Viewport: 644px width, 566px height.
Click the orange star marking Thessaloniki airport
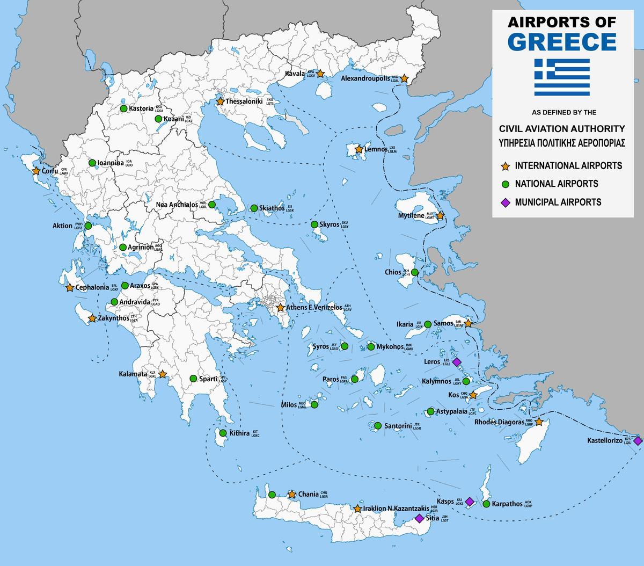coord(220,101)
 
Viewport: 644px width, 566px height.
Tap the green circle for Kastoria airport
coord(123,108)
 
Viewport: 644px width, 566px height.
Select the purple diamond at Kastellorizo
coord(637,441)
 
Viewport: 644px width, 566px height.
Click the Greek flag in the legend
coord(562,77)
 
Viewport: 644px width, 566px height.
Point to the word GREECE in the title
coord(562,42)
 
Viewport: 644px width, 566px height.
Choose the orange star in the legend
coord(504,166)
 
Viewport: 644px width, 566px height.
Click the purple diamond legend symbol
coord(504,202)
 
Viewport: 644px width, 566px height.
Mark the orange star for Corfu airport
coord(36,171)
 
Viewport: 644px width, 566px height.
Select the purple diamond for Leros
coord(457,362)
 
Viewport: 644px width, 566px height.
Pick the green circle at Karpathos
coord(486,504)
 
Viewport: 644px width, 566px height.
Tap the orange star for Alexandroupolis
coord(405,79)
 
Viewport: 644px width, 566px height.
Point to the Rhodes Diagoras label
coord(499,423)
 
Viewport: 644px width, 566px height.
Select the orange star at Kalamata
coord(162,374)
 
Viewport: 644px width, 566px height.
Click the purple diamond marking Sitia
coord(419,518)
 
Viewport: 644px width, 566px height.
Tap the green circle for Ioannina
coord(92,163)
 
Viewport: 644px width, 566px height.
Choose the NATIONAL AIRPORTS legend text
coord(557,184)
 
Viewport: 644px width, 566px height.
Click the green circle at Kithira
coord(223,433)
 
